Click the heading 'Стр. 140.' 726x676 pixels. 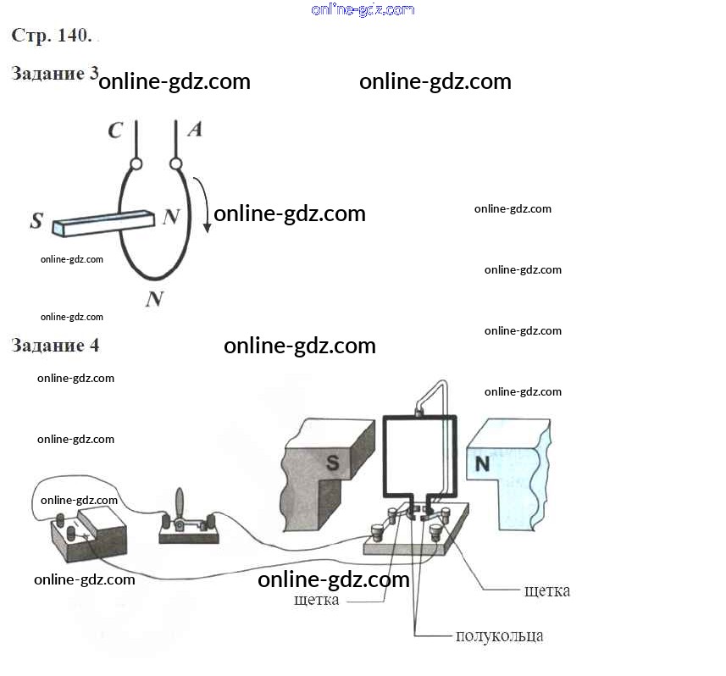point(52,36)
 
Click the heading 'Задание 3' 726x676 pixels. point(54,74)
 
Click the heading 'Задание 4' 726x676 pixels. point(54,346)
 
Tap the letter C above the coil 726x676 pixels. point(115,130)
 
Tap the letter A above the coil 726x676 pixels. point(194,130)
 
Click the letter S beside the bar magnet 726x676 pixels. point(36,222)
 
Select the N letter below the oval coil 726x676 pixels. point(153,298)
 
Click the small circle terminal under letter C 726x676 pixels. point(135,162)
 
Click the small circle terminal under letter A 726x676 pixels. point(176,162)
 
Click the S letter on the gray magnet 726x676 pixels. point(333,463)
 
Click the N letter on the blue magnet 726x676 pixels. point(481,463)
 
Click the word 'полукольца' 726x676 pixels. point(499,635)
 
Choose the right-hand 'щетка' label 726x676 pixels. point(546,590)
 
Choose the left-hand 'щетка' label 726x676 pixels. point(317,601)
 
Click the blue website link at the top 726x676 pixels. point(363,10)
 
